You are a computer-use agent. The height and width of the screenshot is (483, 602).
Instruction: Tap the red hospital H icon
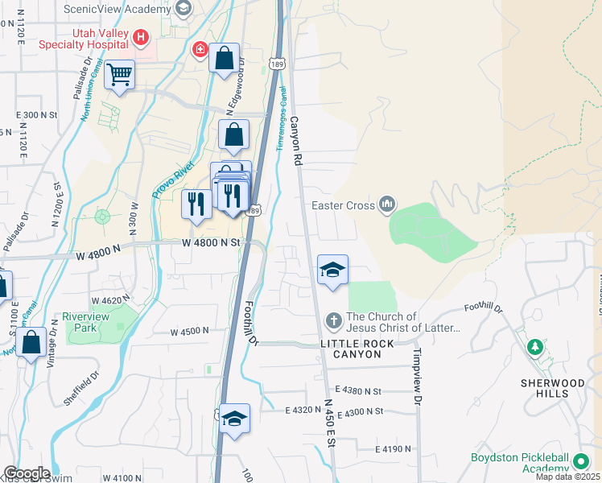(142, 37)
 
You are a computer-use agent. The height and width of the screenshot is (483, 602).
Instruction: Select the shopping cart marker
(119, 76)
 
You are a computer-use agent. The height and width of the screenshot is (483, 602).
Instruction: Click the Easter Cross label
(343, 205)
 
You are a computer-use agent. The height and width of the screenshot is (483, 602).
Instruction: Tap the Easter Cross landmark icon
(388, 204)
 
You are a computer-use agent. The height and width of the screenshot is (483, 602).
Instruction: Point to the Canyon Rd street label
(295, 141)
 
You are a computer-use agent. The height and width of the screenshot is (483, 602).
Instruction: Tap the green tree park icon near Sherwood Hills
(534, 347)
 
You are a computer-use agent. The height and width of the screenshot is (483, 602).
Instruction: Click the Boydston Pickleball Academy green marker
(579, 461)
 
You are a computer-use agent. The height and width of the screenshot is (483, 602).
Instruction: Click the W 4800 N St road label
(211, 242)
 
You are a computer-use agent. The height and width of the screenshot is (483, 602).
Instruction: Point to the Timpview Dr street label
(417, 365)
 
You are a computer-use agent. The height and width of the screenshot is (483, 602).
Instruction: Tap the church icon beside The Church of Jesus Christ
(333, 322)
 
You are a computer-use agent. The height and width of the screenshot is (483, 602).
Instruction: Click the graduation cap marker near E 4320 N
(234, 419)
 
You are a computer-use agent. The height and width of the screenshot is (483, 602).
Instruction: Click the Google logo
(26, 473)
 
